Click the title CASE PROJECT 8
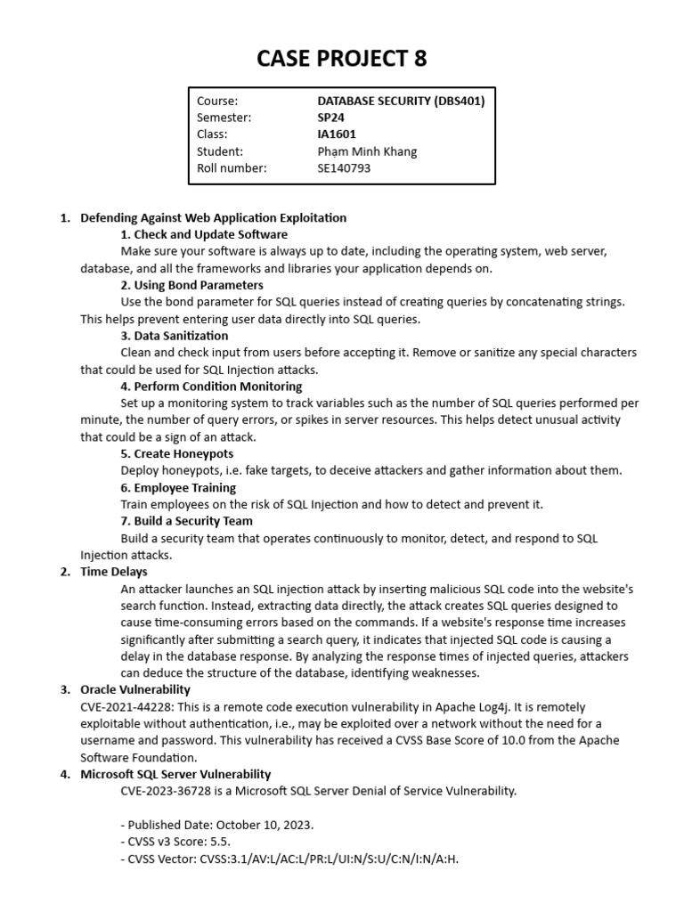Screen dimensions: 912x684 (342, 59)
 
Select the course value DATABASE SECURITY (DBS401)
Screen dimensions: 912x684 (401, 101)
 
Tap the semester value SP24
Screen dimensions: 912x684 (332, 118)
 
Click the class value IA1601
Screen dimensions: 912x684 (337, 134)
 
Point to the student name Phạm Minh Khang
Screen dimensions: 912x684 (366, 151)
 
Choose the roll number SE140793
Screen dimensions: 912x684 (344, 167)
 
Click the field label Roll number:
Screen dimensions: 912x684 (232, 167)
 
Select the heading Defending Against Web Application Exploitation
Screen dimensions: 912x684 (213, 217)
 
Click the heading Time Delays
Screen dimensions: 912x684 (114, 572)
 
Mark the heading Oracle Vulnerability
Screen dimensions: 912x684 (134, 689)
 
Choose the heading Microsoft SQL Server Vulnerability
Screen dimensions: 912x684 (175, 774)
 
